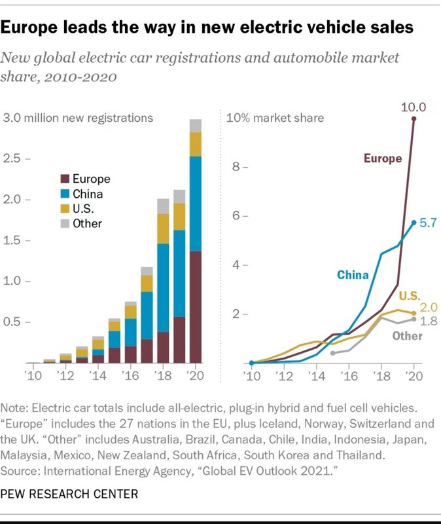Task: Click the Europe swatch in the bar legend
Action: pos(64,179)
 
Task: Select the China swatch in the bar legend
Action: pos(64,194)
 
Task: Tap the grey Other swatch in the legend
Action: pos(64,223)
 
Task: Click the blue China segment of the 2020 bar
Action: pos(195,203)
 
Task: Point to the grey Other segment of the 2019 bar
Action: pos(179,196)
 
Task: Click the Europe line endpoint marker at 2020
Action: pos(414,119)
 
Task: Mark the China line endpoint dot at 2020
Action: pos(414,223)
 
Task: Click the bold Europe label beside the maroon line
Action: pos(382,159)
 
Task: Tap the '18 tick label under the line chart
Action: pos(381,377)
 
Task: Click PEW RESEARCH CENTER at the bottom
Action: pos(69,493)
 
